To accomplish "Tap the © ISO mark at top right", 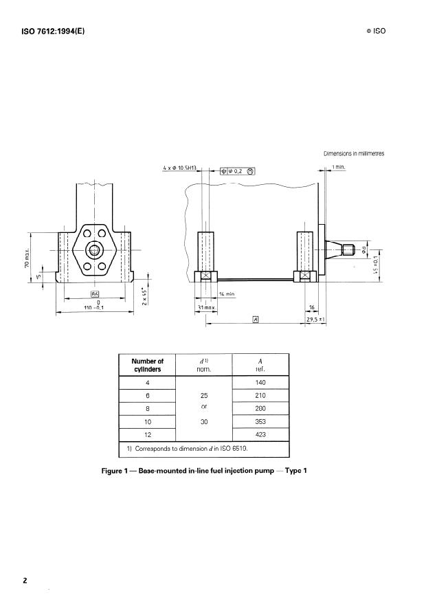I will pyautogui.click(x=377, y=32).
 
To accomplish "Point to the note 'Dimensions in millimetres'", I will pyautogui.click(x=353, y=153).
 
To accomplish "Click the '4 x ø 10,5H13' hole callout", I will pyautogui.click(x=180, y=168).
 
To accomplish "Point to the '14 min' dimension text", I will pyautogui.click(x=227, y=293).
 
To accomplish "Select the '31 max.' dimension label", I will pyautogui.click(x=205, y=306).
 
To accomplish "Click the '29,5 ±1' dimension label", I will pyautogui.click(x=315, y=320).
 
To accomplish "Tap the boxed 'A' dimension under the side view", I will pyautogui.click(x=255, y=320).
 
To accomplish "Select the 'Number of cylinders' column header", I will pyautogui.click(x=147, y=364).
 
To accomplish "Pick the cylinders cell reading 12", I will pyautogui.click(x=147, y=434).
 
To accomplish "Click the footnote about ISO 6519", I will pyautogui.click(x=186, y=449).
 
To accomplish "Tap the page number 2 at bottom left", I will pyautogui.click(x=25, y=581).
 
